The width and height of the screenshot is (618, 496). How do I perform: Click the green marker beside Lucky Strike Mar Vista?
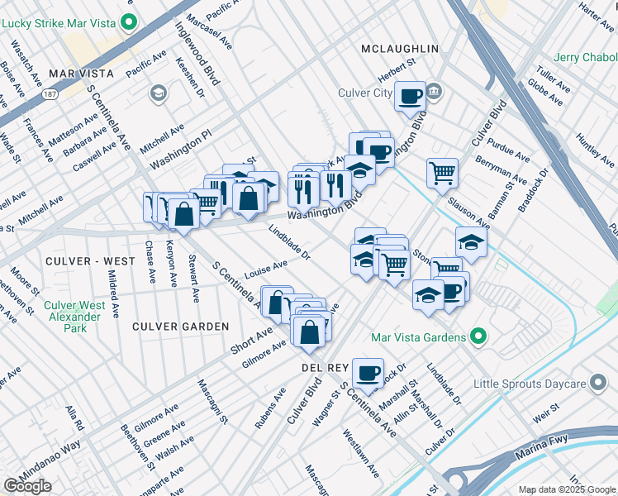[x=127, y=21]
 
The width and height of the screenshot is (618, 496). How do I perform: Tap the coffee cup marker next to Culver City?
[x=409, y=97]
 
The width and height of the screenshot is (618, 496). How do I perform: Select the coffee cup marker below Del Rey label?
[x=368, y=373]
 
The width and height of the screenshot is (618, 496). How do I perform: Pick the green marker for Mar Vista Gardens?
[x=477, y=336]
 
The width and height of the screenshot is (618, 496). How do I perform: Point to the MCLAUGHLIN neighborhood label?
[x=399, y=50]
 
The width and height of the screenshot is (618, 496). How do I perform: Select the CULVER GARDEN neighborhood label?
[x=180, y=327]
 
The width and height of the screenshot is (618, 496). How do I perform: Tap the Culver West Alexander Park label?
[x=74, y=317]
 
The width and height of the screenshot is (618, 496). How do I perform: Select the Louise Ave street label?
[x=265, y=270]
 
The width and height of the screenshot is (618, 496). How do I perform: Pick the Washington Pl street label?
[x=181, y=145]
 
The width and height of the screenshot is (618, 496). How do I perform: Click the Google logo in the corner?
[x=27, y=487]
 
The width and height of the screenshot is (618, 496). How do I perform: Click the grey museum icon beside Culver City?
[x=435, y=92]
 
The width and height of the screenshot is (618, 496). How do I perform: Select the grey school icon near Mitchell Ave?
[x=157, y=94]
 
